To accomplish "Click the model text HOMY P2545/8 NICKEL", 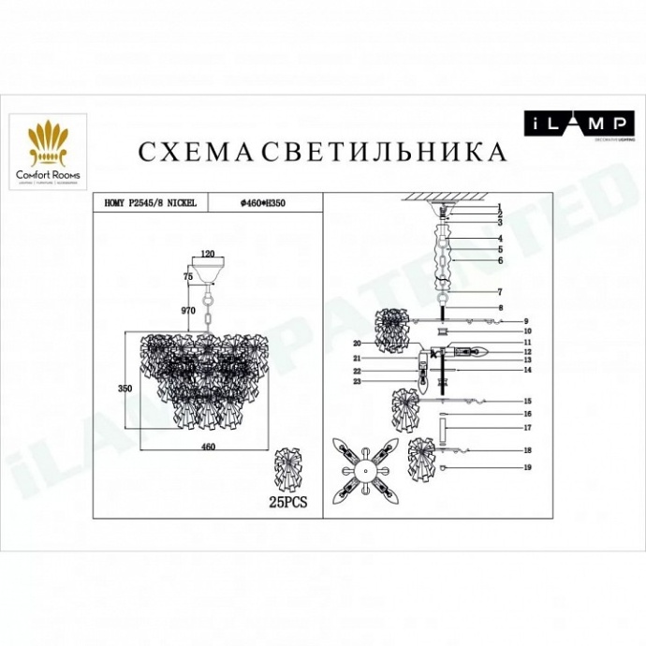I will coord(150,202).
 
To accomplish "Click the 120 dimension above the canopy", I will coord(208,254).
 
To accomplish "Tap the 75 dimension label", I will coord(187,277).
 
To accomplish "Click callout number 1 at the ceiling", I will coord(501,207).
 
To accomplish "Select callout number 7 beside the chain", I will coord(501,292).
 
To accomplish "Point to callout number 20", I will coord(357,344).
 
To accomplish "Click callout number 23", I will coord(357,382).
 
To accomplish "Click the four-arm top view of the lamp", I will coord(361,464).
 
